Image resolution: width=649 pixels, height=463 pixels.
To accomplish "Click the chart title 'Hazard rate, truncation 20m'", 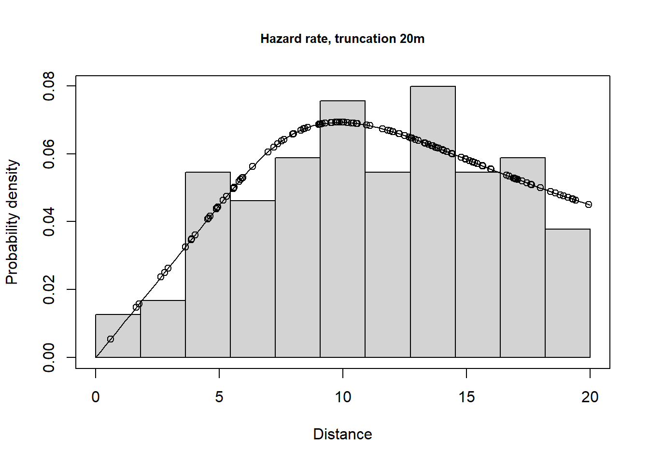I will coord(342,39).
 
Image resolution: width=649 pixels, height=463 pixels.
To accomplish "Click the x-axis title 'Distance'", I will coord(342,434).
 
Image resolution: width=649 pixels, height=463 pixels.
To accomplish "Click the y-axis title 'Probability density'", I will coord(12,222).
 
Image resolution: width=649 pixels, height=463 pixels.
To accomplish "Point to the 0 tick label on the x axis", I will coord(96,397).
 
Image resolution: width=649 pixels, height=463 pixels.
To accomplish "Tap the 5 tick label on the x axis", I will coord(219,397).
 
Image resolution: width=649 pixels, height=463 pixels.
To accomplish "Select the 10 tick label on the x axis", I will coord(343,397).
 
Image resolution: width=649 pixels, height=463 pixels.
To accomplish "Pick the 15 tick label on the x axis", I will coord(466,397).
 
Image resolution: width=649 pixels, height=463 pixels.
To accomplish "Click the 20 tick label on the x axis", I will coord(590,397).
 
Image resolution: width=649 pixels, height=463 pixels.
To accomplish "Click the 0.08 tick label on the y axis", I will coord(49,86).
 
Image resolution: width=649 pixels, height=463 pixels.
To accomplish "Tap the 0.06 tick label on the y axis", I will coord(49,154).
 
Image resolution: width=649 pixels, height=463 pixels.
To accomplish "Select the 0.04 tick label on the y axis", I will coord(49,222).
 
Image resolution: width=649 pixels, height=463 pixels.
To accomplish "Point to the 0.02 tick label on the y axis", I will coord(49,290).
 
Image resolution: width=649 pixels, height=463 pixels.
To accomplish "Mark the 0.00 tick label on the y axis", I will coord(49,357).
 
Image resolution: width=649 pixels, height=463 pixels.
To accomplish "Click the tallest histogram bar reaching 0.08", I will coord(433,222).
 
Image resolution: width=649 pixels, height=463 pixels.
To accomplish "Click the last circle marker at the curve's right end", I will coord(589,204).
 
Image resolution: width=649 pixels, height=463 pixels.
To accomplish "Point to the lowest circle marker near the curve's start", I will coord(111,339).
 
